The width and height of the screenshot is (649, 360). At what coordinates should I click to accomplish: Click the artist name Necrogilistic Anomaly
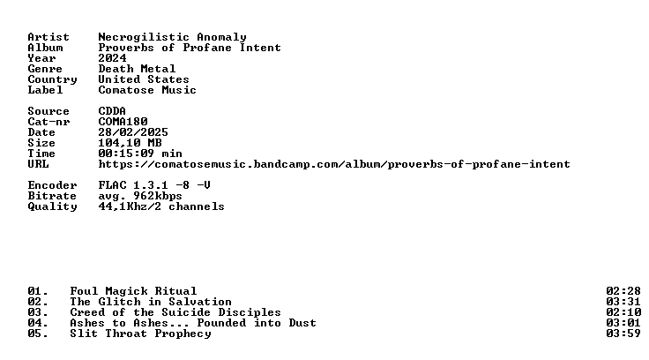click(x=172, y=37)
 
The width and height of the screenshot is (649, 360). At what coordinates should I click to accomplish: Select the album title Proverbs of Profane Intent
click(x=190, y=48)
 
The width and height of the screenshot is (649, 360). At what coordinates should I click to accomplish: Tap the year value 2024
click(x=112, y=58)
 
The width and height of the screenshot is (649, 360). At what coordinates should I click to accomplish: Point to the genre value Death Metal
click(x=137, y=69)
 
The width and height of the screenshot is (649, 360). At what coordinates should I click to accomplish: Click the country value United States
click(x=144, y=79)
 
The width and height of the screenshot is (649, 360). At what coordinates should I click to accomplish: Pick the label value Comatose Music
click(x=147, y=90)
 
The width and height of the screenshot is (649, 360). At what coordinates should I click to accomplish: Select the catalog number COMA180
click(x=123, y=122)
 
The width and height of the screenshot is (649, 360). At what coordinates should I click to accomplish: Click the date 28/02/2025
click(x=133, y=132)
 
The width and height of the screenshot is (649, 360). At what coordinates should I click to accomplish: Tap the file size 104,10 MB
click(x=130, y=143)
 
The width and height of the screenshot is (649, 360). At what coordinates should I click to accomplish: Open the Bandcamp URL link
click(x=334, y=164)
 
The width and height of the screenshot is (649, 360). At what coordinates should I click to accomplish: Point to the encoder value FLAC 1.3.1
click(x=133, y=185)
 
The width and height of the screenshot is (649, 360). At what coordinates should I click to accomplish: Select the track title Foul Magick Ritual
click(x=133, y=291)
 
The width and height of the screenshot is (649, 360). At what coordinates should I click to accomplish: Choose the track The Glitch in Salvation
click(x=151, y=302)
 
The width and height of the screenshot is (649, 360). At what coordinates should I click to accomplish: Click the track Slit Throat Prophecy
click(x=140, y=334)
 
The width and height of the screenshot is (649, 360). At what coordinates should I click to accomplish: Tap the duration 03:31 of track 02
click(x=623, y=302)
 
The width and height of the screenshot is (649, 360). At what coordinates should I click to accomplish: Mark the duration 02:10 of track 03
click(x=623, y=312)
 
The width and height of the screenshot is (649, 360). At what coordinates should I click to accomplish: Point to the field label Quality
click(x=53, y=206)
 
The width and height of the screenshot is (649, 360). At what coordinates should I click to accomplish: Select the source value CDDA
click(x=112, y=111)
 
